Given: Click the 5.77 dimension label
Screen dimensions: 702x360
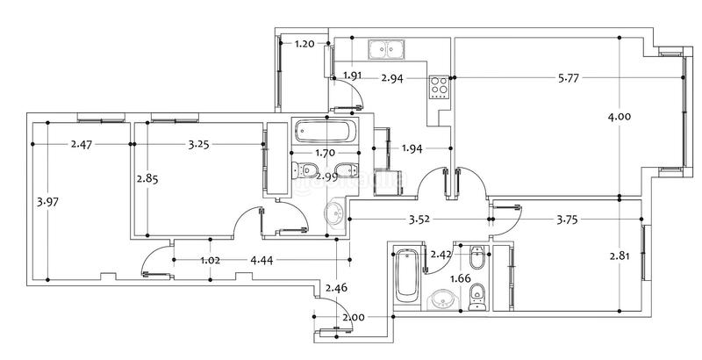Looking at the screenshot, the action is tap(569, 78).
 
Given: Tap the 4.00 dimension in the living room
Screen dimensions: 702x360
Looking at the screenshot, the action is tap(620, 117).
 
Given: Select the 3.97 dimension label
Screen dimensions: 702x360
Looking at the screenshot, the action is tap(47, 201).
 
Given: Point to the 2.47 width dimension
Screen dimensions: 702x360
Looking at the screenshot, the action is tap(82, 144).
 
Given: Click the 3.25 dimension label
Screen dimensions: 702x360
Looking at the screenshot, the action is tap(198, 144).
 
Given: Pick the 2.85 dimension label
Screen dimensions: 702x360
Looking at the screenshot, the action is tap(147, 178).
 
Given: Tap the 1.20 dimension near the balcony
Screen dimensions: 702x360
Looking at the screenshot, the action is tap(304, 44).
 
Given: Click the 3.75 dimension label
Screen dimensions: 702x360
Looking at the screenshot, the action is tap(567, 220).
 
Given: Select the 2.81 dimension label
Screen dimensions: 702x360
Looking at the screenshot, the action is tap(620, 256).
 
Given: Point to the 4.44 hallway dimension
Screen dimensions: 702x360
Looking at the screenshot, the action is tap(261, 260).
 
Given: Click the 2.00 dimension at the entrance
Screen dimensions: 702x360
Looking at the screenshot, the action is tap(354, 318).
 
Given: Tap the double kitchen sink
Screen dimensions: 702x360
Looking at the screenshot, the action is tap(387, 49).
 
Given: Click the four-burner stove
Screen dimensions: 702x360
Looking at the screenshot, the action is tap(440, 87).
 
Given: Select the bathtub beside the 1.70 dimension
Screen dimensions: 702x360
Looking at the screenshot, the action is tap(326, 131).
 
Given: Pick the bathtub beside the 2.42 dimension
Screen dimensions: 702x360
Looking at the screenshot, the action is tap(407, 277).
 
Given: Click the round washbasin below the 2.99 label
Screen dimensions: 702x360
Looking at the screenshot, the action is tap(333, 214).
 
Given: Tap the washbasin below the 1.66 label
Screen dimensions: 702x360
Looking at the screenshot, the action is tap(442, 299).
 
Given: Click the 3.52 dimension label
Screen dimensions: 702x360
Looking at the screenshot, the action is tap(419, 220).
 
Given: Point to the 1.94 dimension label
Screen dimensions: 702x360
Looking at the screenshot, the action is tap(412, 148).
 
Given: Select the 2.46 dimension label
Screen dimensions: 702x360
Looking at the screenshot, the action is tap(336, 288).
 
